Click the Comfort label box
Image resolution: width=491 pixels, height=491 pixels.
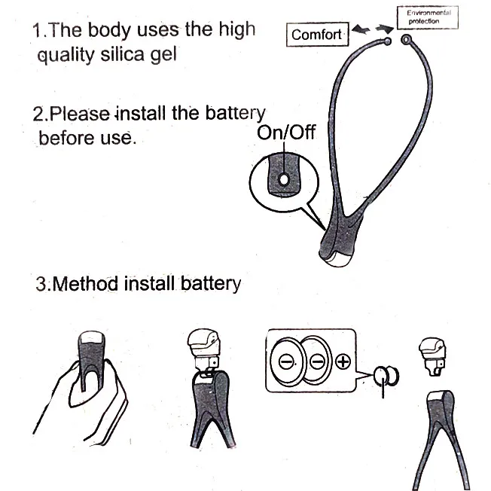(316, 35)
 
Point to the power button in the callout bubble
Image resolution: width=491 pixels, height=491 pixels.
(281, 180)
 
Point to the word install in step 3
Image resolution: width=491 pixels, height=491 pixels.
(150, 284)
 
